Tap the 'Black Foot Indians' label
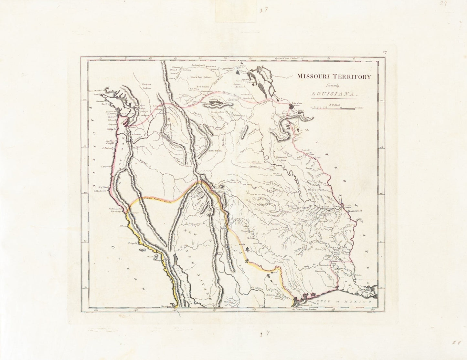point(201,77)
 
